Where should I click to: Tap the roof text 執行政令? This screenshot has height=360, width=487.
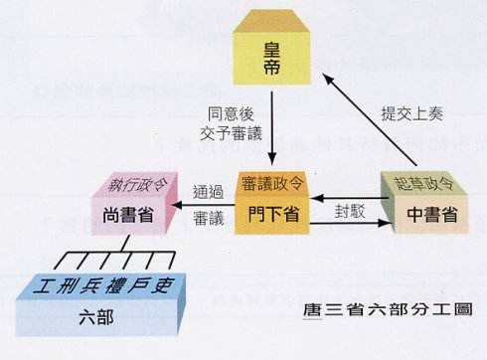coord(133,186)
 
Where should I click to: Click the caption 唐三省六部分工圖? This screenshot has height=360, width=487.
coord(387,309)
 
